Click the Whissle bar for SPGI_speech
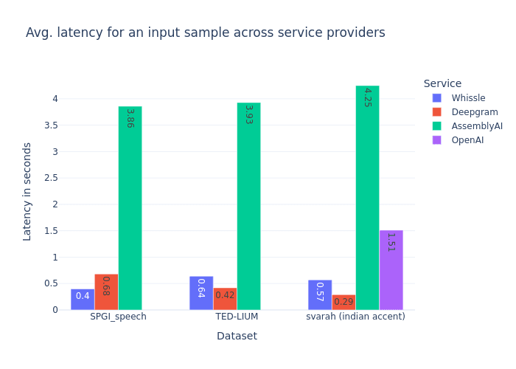coord(83,299)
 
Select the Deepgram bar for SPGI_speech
coord(106,292)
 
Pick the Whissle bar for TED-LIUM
coord(201,293)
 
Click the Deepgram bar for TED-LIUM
coord(225,299)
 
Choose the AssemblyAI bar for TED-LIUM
coord(248,207)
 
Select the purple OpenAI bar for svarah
coord(391,270)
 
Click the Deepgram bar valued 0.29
coord(344,303)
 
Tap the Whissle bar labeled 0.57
coord(320,294)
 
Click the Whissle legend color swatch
coord(437,98)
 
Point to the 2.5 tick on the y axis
coord(52,178)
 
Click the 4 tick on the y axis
coord(55,99)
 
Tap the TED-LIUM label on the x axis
coord(237,317)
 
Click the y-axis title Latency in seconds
coord(27,191)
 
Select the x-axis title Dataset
coord(237,336)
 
